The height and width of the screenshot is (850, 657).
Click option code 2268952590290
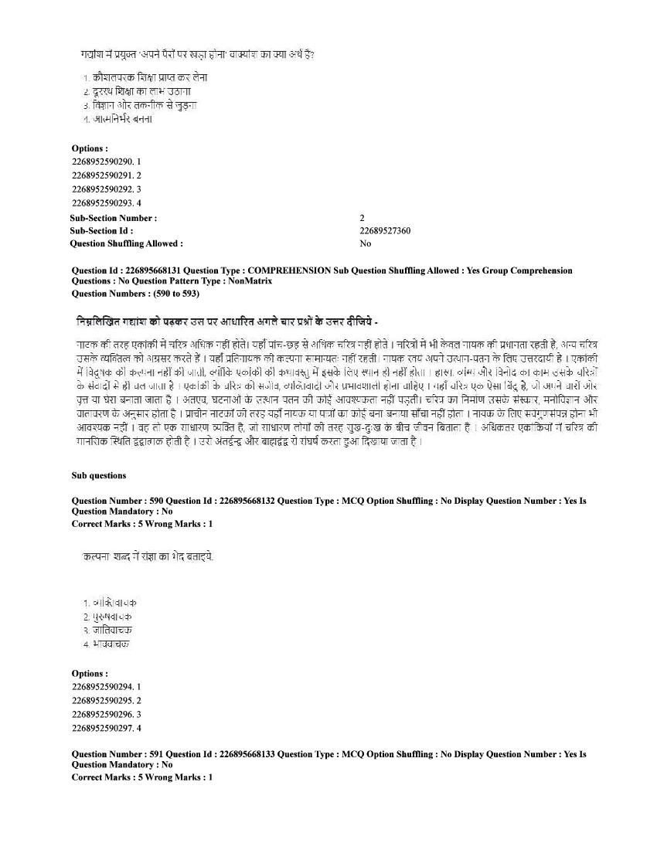[102, 161]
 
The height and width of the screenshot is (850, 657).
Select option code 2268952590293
[102, 203]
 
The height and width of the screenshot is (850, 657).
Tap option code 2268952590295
[102, 700]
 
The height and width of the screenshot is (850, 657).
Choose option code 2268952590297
[102, 728]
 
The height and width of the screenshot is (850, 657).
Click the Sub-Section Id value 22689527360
[385, 231]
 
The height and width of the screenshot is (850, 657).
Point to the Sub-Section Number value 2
[363, 219]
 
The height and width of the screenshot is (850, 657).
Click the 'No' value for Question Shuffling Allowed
[365, 243]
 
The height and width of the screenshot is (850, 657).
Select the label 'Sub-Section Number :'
[113, 219]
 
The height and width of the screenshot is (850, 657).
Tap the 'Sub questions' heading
[99, 476]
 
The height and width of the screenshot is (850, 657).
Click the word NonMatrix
[250, 281]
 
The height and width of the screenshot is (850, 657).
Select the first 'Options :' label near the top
[90, 148]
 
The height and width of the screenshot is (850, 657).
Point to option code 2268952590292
[102, 189]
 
